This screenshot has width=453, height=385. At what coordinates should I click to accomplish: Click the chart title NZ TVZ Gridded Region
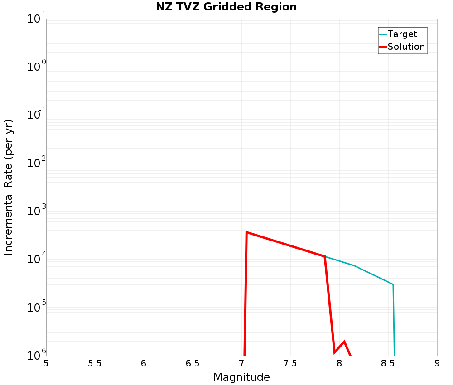tap(226, 7)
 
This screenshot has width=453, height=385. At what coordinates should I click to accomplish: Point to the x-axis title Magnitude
tap(241, 377)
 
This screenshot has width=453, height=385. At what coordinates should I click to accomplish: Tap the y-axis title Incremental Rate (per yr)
tap(9, 187)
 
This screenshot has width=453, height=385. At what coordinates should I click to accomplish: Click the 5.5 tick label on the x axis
tap(95, 363)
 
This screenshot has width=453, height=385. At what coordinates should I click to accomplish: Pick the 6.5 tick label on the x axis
tap(193, 363)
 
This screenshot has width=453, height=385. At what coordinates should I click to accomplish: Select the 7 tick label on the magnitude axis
tap(241, 363)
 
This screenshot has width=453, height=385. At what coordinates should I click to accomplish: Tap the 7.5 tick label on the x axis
tap(290, 363)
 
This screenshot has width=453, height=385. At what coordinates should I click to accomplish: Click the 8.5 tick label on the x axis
tap(388, 363)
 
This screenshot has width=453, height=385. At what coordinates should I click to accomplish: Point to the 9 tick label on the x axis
tap(437, 363)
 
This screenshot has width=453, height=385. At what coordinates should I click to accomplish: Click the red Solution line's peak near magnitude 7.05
tap(246, 232)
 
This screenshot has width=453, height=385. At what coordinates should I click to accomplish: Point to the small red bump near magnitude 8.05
tap(344, 342)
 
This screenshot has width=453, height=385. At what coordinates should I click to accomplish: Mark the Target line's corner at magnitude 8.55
tap(393, 284)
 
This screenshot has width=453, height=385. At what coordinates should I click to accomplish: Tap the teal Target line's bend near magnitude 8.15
tap(354, 265)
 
